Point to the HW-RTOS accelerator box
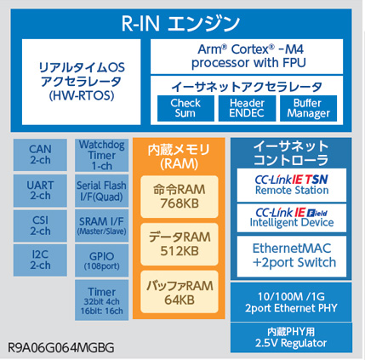pos(83,81)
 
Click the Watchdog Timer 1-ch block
pos(101,155)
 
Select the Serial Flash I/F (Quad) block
pos(101,191)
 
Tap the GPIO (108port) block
pos(101,260)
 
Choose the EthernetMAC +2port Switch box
pos(292,254)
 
